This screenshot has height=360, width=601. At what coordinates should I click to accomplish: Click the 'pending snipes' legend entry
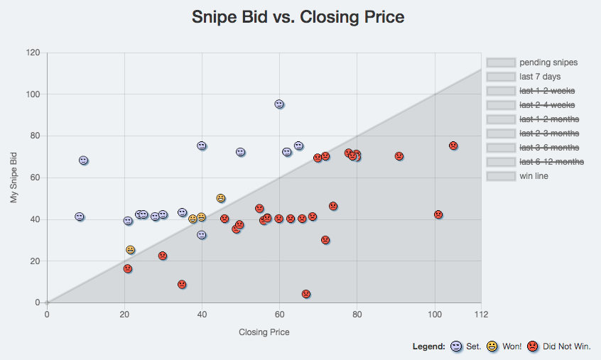[548, 62]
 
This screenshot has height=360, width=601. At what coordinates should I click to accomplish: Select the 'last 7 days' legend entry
[539, 77]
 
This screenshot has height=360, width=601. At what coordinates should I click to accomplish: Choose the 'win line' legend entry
[534, 176]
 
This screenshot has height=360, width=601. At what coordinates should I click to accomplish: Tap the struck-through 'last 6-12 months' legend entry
[551, 162]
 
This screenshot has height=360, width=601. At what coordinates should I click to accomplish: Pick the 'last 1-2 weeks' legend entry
[547, 91]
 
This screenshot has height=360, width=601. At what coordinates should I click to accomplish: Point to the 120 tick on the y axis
[32, 53]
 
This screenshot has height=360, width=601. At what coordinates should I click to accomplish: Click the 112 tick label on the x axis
[481, 314]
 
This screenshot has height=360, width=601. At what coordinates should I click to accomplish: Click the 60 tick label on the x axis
[279, 314]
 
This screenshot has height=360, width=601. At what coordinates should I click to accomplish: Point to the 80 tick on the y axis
[34, 136]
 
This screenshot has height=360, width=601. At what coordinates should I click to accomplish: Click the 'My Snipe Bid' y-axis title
[14, 178]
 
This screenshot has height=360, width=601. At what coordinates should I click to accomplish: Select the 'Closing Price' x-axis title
[264, 332]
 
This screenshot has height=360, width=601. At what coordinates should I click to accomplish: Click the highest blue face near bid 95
[279, 104]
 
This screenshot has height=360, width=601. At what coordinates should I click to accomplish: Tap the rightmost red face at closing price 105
[453, 146]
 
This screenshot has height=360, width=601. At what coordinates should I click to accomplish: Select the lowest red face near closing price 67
[306, 294]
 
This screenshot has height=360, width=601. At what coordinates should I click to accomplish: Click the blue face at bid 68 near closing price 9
[83, 160]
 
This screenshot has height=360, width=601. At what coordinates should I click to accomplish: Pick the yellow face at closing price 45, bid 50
[221, 198]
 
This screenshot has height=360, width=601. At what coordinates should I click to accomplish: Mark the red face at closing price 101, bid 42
[438, 214]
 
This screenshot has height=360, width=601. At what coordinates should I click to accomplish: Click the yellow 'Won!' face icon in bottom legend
[492, 347]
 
